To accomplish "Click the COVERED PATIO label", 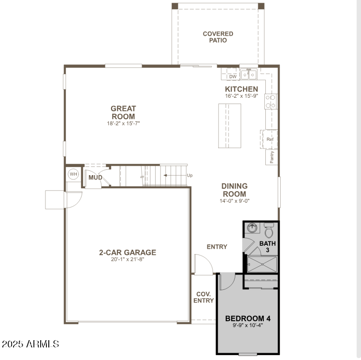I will tap(218, 37).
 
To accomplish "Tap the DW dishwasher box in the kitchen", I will tap(233, 76).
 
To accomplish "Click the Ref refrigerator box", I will tap(270, 139).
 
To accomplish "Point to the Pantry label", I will tap(272, 157).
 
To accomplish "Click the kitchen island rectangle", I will tap(230, 125).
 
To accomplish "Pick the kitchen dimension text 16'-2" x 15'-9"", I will tap(242, 96).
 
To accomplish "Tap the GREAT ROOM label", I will tap(123, 113).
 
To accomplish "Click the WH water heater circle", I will tap(73, 174).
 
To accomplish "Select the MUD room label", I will tap(95, 178).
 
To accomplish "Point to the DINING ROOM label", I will tap(234, 190).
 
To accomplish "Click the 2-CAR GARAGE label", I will tap(128, 252).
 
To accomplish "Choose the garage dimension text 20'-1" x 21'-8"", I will tap(128, 259).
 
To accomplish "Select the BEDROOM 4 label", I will tap(247, 318).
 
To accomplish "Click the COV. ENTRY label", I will tap(203, 297).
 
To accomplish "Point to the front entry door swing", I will tap(203, 264).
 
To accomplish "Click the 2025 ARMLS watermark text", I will tap(30, 344).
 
